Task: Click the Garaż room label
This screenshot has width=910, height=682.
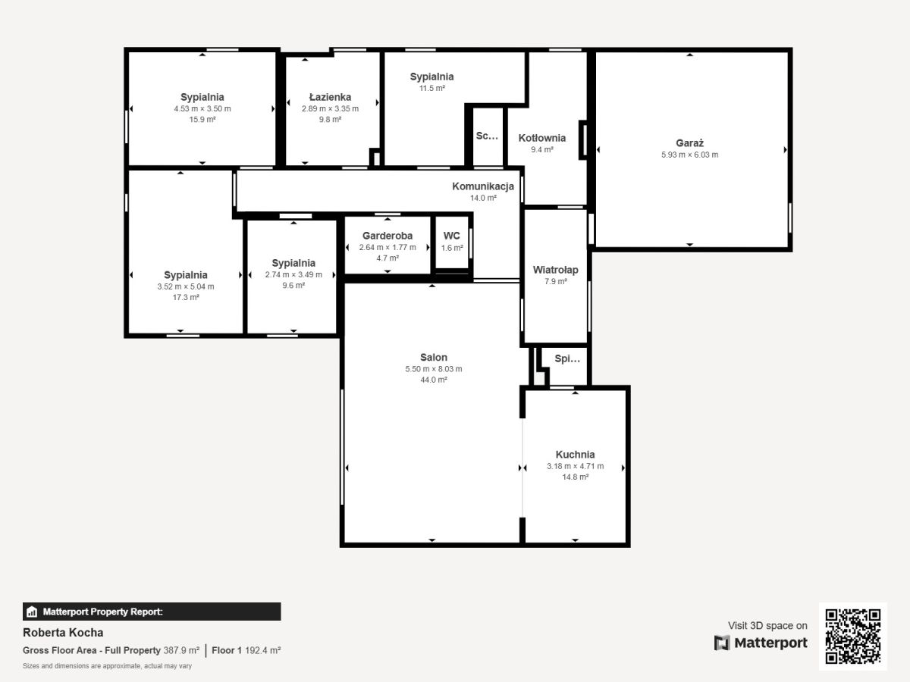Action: [x=689, y=143]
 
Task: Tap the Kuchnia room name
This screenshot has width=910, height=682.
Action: [x=575, y=454]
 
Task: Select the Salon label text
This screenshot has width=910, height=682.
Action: [x=434, y=358]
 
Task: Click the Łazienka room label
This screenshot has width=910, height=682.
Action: [x=330, y=97]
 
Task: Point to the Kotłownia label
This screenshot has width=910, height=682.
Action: [x=542, y=138]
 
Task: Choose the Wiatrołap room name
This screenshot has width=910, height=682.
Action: [x=556, y=270]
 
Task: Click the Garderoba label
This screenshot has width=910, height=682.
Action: [x=388, y=236]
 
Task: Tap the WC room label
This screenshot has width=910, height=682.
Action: [x=451, y=236]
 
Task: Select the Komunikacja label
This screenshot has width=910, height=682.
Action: [x=483, y=186]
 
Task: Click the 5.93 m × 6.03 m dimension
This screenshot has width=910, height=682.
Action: [x=689, y=155]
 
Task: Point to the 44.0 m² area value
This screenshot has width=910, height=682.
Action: [x=434, y=380]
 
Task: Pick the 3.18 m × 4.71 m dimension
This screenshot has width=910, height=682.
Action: [x=575, y=466]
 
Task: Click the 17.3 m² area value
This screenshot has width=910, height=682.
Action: [x=186, y=297]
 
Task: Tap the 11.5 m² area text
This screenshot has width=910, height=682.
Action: [x=431, y=88]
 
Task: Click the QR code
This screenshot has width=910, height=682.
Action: [x=853, y=636]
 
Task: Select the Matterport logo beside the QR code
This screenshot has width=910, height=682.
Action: [x=761, y=643]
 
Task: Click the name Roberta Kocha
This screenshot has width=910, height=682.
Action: [x=63, y=633]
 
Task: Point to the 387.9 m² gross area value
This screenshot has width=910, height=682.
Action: [x=181, y=650]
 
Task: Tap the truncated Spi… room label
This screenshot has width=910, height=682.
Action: [x=567, y=359]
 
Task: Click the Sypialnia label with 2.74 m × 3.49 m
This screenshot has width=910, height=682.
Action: [x=293, y=263]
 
